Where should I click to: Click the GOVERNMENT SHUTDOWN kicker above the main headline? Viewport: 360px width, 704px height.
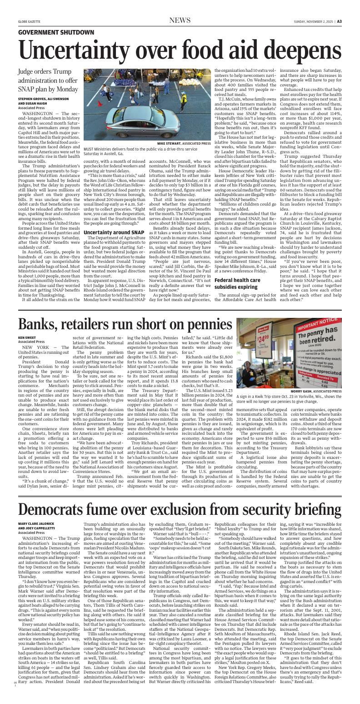click(x=56, y=33)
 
